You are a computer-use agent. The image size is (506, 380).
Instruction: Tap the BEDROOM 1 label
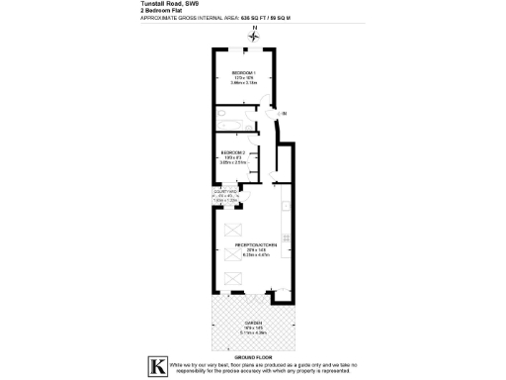coord(243,72)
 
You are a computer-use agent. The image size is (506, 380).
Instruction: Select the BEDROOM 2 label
coord(234,151)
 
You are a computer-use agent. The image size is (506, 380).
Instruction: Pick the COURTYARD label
coord(225,192)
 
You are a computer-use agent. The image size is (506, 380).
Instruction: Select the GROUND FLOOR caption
coord(254,355)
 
